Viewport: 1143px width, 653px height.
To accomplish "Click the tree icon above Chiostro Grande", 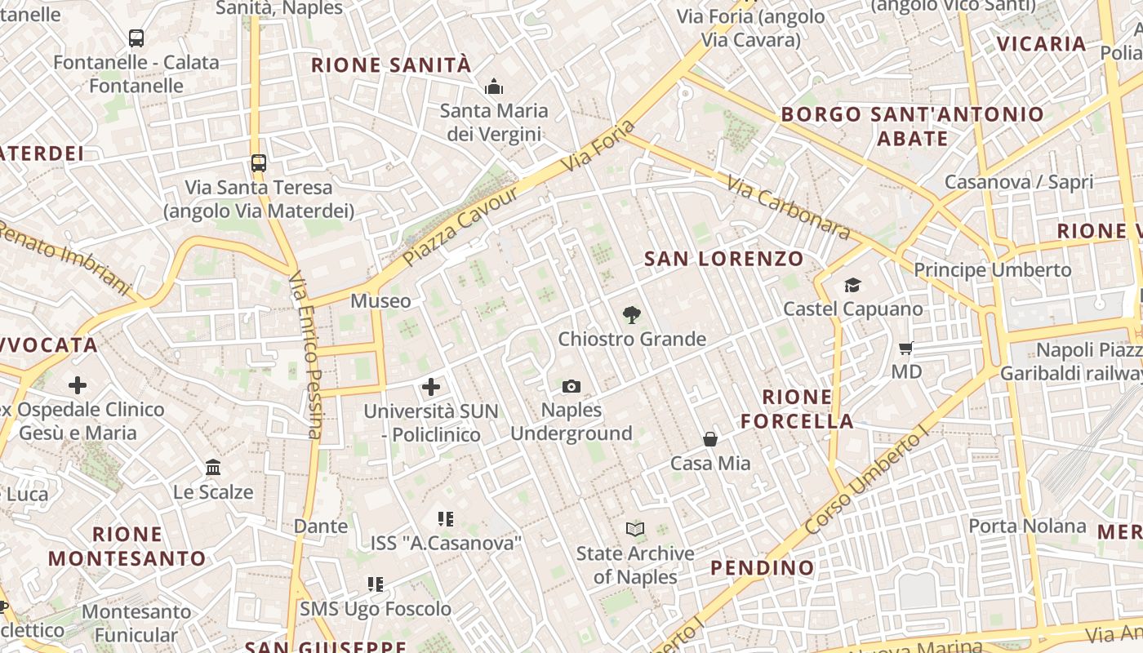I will (x=631, y=314).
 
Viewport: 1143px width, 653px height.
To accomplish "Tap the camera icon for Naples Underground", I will (x=571, y=386).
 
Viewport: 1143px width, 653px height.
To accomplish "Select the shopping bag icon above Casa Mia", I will (x=710, y=439).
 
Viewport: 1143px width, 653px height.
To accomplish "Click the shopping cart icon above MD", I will (x=905, y=349).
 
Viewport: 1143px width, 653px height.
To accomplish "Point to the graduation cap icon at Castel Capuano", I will (x=852, y=285).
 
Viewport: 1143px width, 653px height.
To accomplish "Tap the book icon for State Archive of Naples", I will (x=634, y=529).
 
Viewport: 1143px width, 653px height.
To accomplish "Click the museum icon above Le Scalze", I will (x=213, y=468).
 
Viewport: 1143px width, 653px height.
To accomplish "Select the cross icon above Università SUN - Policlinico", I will (x=431, y=387).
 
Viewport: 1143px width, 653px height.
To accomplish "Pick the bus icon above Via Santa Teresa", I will (x=259, y=163).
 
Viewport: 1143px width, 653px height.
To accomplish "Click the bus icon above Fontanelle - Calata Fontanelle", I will (x=136, y=38).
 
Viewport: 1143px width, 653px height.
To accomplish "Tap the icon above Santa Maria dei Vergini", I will (x=493, y=87).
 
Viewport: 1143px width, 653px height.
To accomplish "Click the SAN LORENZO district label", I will (x=724, y=259).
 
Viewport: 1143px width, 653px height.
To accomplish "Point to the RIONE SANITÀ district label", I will (x=391, y=65).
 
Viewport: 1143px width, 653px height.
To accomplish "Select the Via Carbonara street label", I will (x=788, y=209).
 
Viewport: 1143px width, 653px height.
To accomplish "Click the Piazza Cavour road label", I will (x=461, y=226).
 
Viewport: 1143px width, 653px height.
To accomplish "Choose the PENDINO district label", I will (x=762, y=567).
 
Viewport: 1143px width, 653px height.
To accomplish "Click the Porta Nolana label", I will (x=1027, y=526).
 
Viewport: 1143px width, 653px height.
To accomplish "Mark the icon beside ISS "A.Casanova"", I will (x=445, y=518).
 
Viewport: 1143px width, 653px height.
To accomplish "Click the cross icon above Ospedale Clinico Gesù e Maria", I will (x=78, y=384).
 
